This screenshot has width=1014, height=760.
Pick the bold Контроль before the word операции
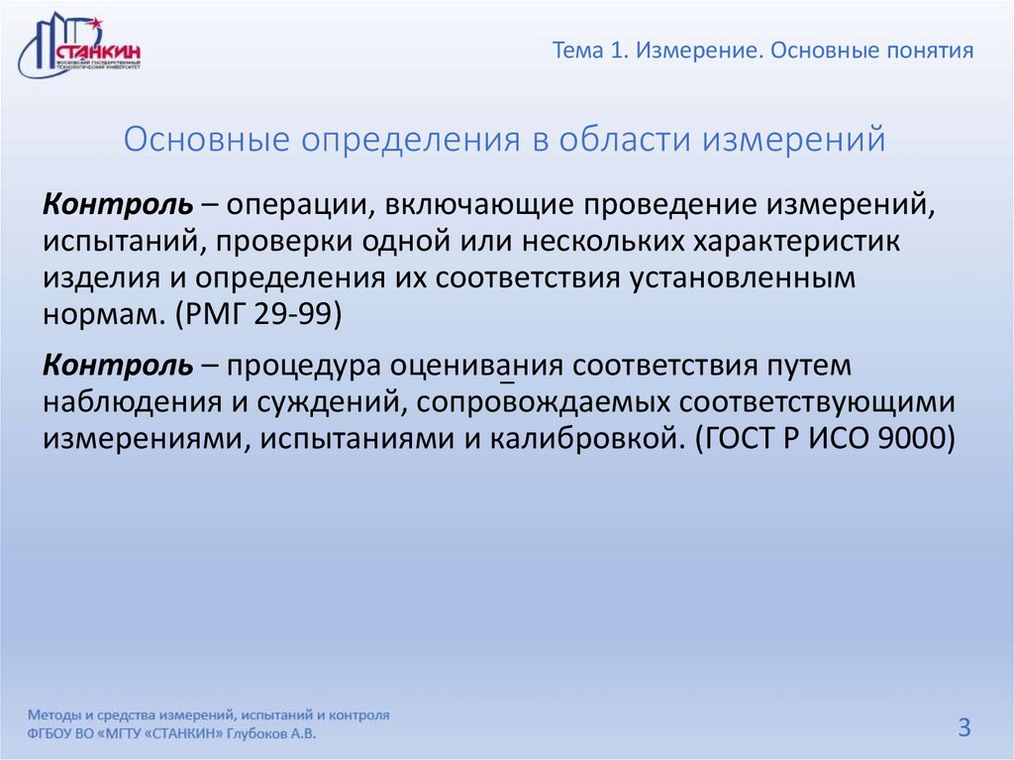point(118,205)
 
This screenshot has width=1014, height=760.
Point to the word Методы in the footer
point(56,714)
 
